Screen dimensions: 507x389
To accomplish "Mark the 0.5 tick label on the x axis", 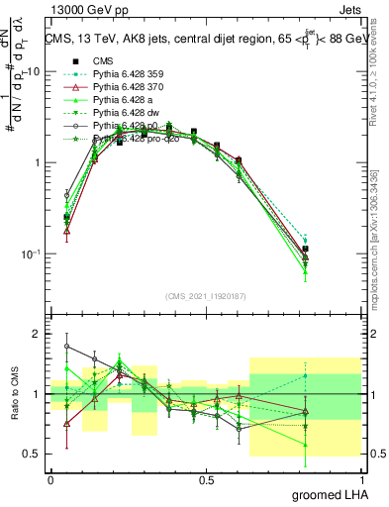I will (x=206, y=479).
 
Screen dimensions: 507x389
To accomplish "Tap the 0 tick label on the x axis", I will (x=50, y=479).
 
